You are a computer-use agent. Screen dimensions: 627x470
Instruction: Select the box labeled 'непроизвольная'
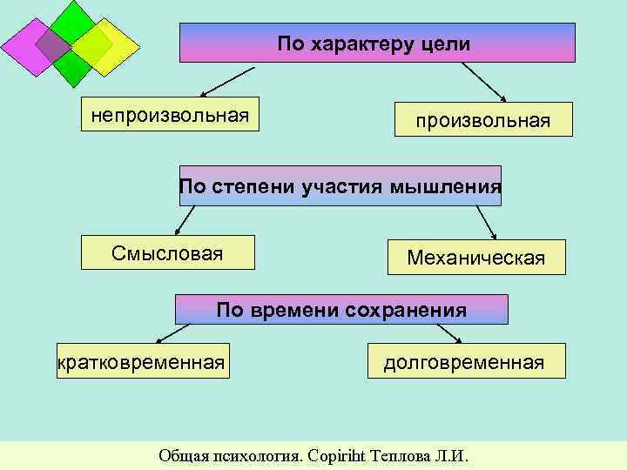171,114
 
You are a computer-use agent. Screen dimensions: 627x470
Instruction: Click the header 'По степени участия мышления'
340,185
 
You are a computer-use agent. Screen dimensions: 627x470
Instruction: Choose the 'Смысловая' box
168,252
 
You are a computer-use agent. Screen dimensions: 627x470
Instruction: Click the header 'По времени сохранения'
341,309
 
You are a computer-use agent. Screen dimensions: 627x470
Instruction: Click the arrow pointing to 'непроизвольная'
227,81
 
